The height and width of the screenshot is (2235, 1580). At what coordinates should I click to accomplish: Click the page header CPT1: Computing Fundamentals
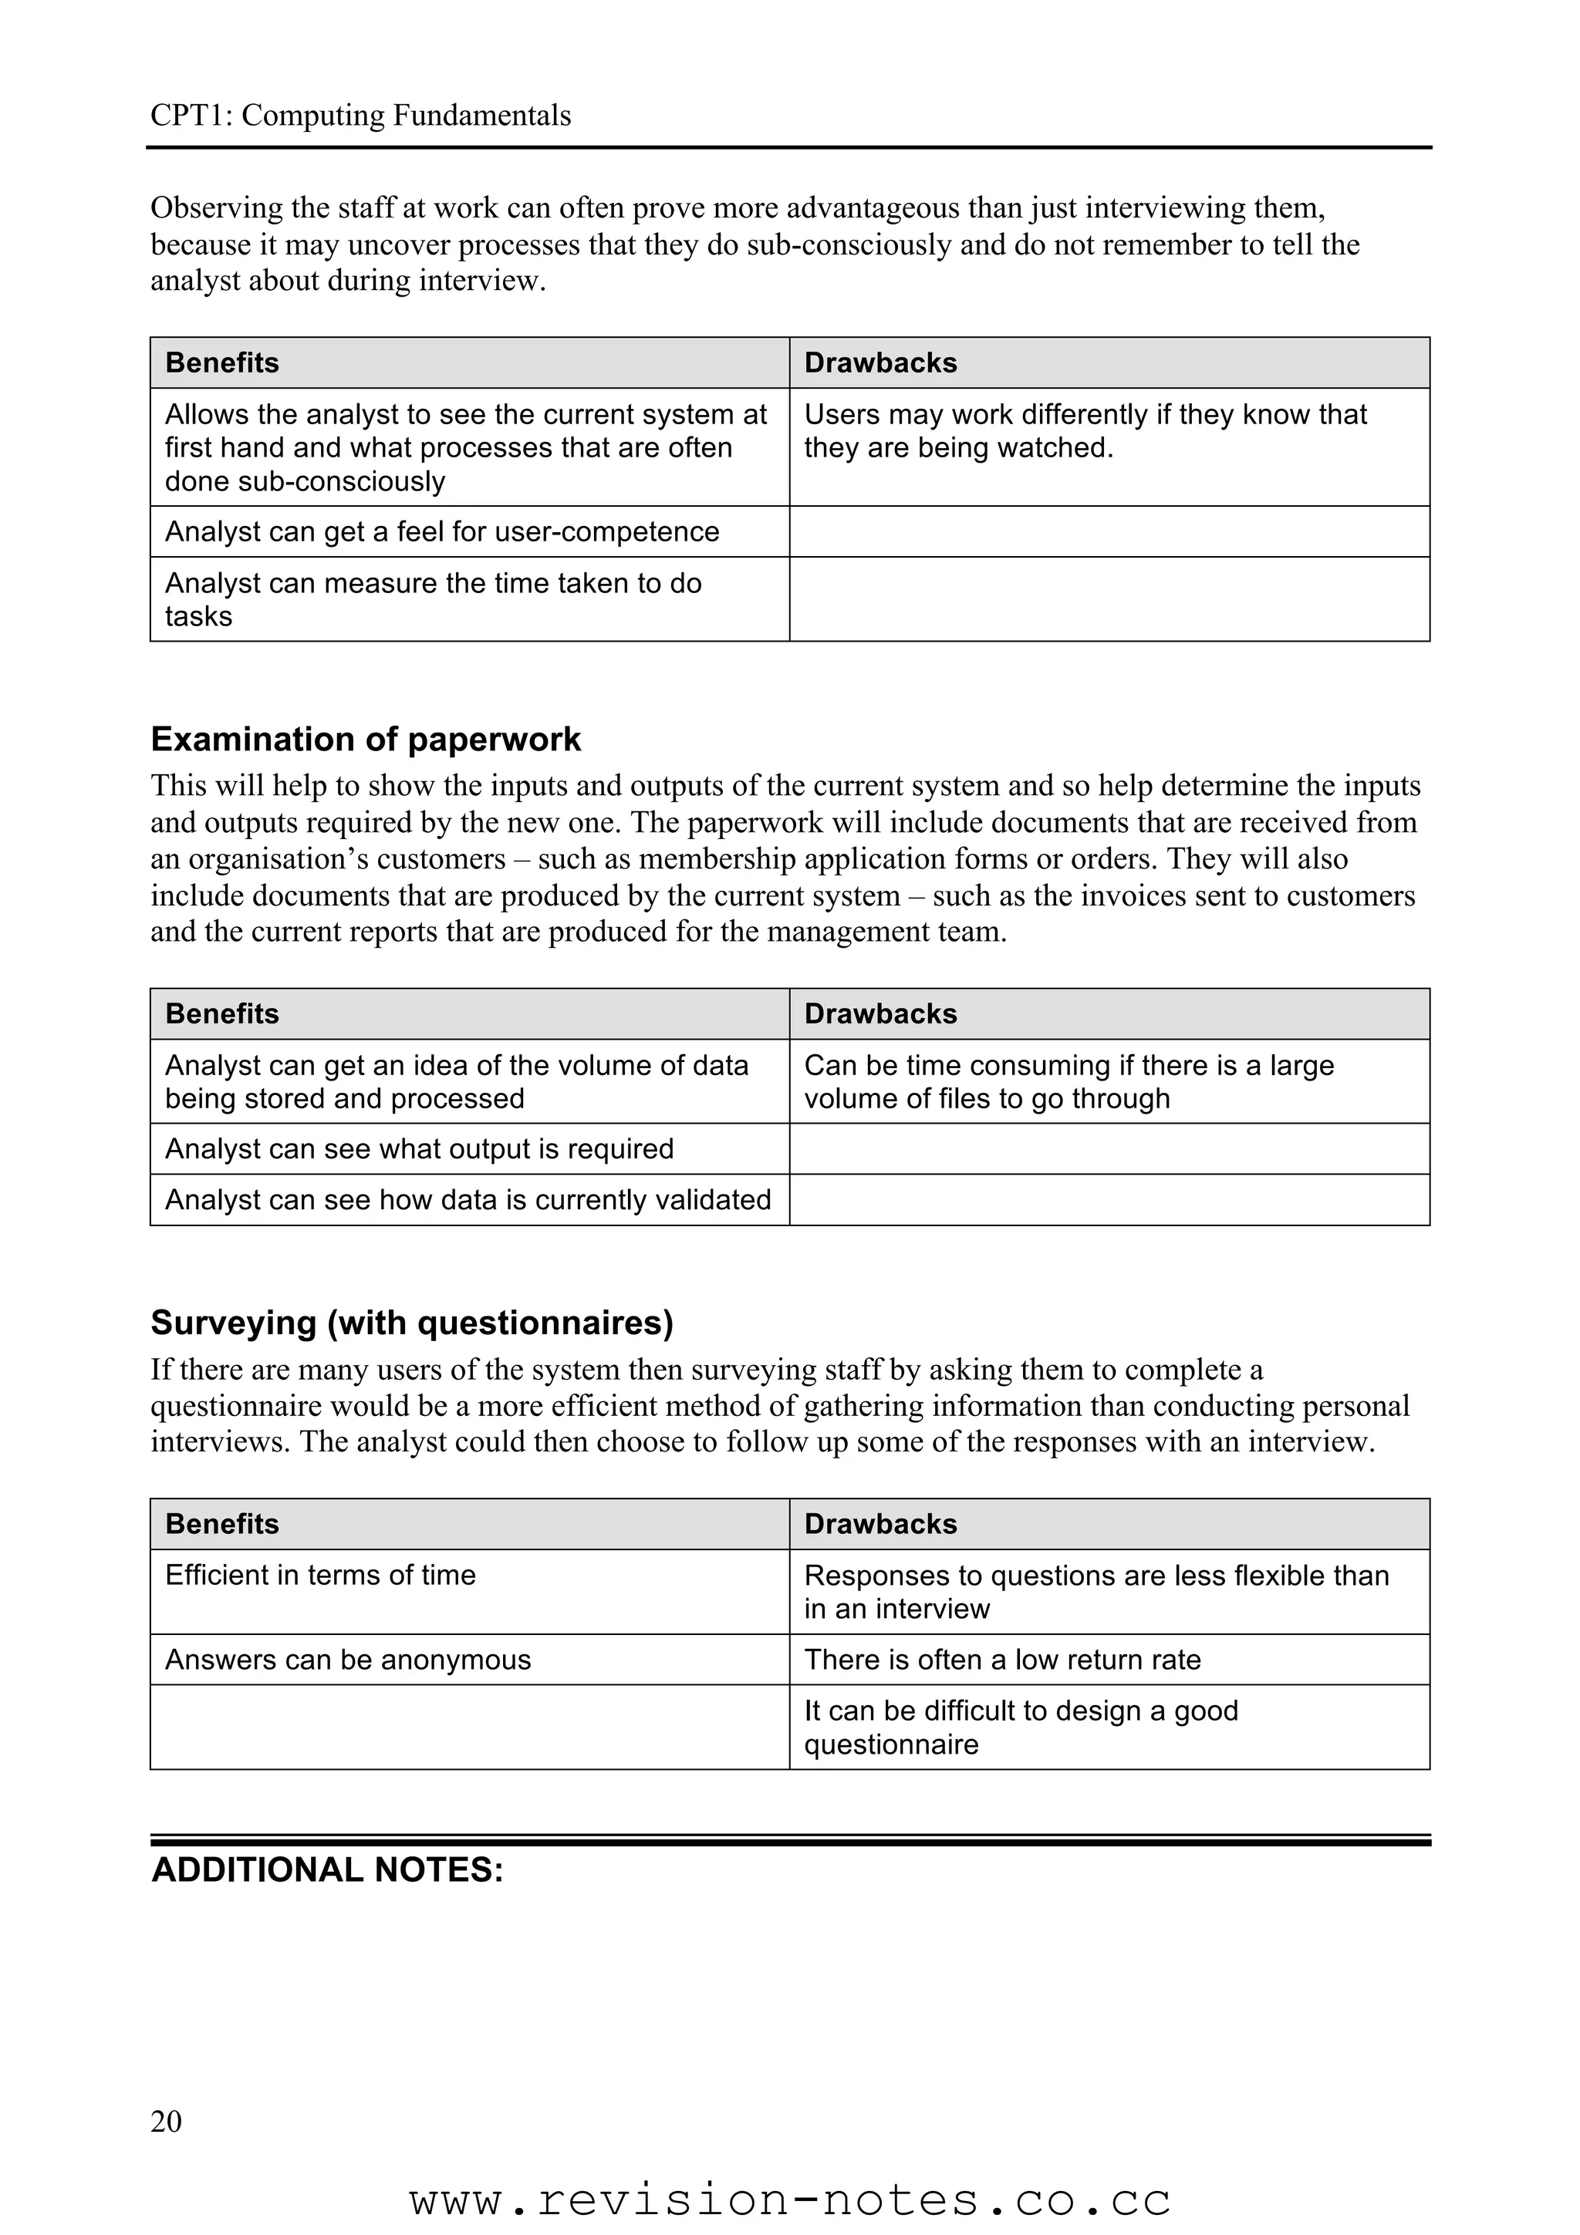(360, 116)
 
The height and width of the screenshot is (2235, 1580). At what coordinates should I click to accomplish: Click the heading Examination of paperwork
(365, 740)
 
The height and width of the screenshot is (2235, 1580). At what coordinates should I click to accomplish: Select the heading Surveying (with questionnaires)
(412, 1323)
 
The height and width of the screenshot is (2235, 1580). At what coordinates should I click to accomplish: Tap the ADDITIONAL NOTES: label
(327, 1870)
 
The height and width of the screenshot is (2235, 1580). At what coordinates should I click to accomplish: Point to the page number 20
(166, 2121)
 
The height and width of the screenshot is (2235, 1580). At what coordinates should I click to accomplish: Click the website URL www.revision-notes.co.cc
(789, 2200)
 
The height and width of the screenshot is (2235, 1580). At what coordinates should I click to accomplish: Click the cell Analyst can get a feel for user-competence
(442, 531)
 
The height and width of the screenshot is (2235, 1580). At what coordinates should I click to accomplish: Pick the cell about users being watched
(1085, 431)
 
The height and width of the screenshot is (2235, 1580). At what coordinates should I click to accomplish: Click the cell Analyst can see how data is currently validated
(468, 1199)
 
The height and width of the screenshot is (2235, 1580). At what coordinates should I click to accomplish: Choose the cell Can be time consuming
(1069, 1081)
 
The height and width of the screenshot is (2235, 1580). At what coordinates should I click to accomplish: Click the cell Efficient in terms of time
(320, 1575)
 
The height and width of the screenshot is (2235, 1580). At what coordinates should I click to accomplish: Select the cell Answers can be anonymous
(347, 1660)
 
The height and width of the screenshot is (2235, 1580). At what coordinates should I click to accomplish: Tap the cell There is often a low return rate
(1003, 1660)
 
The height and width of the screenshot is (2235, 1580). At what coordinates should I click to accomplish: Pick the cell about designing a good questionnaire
(1021, 1727)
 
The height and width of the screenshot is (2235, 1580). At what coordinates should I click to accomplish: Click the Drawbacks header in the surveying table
(880, 1525)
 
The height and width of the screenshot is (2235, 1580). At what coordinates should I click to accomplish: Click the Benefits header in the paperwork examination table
(222, 1014)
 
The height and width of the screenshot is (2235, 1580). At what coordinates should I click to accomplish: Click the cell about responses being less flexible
(1096, 1592)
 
